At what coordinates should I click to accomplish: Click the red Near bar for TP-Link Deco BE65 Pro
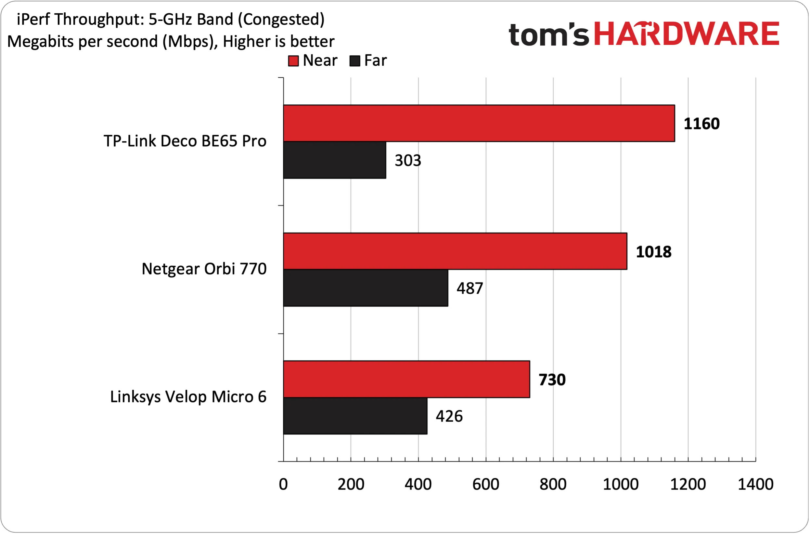[479, 123]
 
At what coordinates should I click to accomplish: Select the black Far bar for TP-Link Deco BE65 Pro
[335, 160]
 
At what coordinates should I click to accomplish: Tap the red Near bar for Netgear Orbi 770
[455, 251]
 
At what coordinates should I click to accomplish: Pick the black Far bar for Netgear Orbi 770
[366, 288]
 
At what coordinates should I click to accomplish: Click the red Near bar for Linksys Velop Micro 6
[406, 379]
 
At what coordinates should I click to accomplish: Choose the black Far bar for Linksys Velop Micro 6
[355, 416]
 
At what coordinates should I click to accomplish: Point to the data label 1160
[701, 124]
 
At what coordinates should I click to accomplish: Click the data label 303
[408, 160]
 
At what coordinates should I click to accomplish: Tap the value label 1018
[654, 252]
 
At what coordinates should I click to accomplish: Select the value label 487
[470, 288]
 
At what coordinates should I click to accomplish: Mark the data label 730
[552, 380]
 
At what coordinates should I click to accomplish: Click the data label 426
[449, 416]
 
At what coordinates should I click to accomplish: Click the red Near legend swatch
[293, 61]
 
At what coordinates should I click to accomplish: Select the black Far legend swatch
[355, 61]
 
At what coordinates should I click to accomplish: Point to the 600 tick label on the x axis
[486, 485]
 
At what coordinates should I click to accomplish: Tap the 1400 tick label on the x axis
[755, 485]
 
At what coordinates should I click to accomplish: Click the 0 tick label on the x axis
[283, 485]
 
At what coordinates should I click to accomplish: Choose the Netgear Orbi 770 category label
[204, 269]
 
